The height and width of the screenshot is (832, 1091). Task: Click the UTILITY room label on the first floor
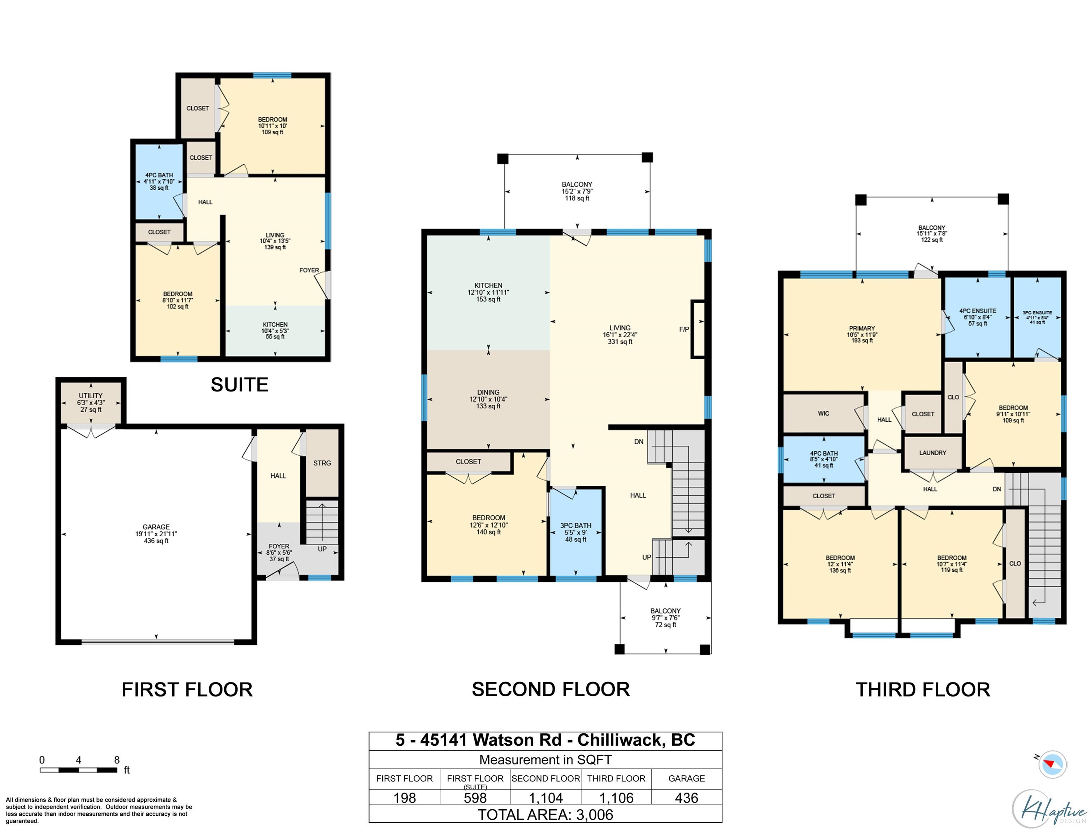coord(91,396)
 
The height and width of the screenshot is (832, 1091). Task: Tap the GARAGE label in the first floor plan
coord(156,527)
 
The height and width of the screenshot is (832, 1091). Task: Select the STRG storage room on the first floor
coord(322,463)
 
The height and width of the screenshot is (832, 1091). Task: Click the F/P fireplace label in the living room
coord(684,329)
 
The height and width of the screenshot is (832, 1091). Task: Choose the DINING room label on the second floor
coord(488,392)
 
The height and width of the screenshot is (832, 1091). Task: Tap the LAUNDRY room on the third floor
coord(933,452)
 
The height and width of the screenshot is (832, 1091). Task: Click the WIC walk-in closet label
coord(823,413)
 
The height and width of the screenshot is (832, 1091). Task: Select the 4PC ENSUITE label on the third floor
coord(978,311)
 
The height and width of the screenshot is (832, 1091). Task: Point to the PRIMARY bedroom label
coord(862,328)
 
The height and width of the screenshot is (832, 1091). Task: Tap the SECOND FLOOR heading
coord(551,689)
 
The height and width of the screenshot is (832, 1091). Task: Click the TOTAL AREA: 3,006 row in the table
coord(545,815)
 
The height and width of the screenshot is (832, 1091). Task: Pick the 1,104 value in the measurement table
coord(545,798)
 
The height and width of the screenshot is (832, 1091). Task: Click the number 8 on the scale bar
coord(117,760)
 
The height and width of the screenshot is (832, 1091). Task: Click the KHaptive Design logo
coord(1049,809)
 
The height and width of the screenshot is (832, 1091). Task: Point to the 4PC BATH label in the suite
coord(159,175)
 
